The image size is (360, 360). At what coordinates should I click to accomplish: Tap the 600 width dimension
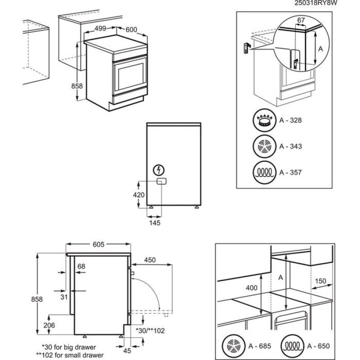(131, 30)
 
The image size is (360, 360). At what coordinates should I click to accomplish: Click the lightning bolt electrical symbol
(159, 170)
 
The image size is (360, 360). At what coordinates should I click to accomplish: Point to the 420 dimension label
(139, 195)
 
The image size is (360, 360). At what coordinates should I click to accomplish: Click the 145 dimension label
(154, 222)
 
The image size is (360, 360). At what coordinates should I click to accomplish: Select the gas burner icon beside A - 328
(264, 121)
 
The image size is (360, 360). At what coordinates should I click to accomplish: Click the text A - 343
(290, 147)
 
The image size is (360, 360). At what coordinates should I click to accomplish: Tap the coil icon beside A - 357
(264, 172)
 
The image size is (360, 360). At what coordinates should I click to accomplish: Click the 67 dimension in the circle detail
(301, 20)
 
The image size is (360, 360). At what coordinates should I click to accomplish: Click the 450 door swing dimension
(150, 260)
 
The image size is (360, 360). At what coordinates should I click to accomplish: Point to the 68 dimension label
(81, 266)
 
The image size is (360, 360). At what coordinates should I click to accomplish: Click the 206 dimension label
(49, 326)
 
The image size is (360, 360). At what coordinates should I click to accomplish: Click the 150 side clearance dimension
(320, 280)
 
